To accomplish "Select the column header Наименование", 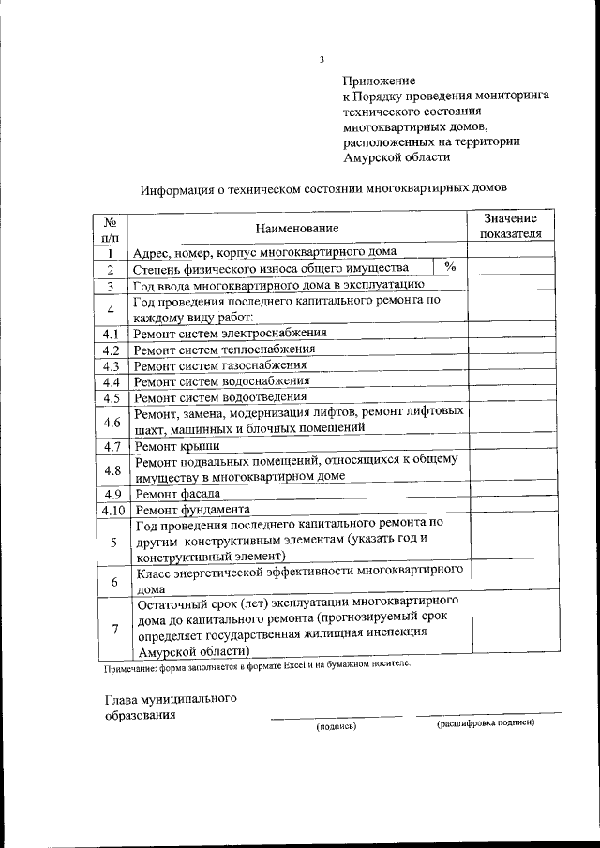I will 297,229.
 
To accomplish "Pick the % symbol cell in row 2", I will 450,268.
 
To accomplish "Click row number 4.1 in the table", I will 110,334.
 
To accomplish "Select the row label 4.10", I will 110,510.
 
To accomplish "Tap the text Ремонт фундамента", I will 191,510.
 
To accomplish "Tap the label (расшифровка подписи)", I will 486,724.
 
